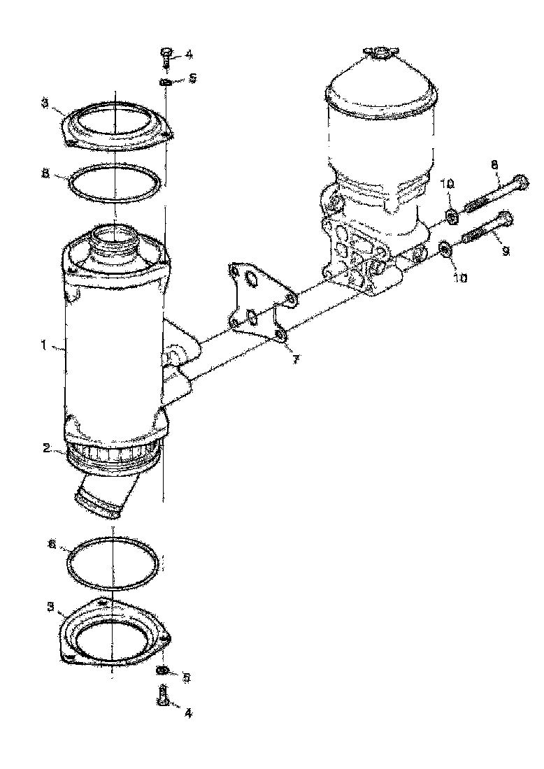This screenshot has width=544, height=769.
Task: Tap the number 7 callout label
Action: tap(296, 359)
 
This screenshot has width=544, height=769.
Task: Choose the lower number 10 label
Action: tap(461, 278)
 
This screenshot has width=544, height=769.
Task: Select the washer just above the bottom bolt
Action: tap(162, 672)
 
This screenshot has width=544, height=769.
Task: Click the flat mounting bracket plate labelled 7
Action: tap(259, 301)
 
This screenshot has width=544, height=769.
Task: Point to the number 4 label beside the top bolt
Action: tap(189, 55)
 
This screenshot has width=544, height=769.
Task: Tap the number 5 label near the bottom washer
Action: tap(187, 677)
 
